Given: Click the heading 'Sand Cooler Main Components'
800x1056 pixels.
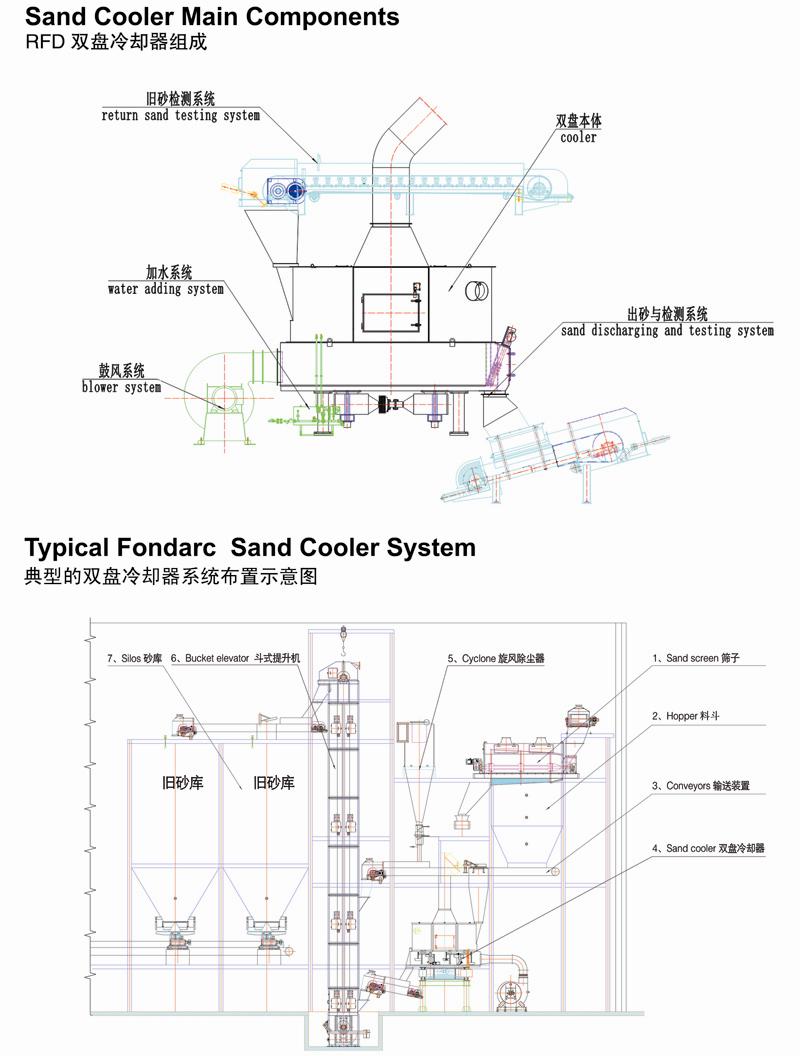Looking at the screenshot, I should pyautogui.click(x=211, y=17).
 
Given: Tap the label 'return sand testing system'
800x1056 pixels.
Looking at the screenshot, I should pyautogui.click(x=180, y=115).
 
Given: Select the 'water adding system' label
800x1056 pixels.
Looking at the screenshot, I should pyautogui.click(x=165, y=289).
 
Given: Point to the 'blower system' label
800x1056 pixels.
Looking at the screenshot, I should pyautogui.click(x=121, y=387).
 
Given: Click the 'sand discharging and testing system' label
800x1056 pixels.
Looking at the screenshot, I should pyautogui.click(x=667, y=330).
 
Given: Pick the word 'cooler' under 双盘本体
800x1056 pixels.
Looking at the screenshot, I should pyautogui.click(x=578, y=137).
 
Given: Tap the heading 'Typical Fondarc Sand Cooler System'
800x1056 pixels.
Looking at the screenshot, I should pyautogui.click(x=250, y=548).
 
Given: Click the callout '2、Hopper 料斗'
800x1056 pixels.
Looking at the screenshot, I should pyautogui.click(x=690, y=716).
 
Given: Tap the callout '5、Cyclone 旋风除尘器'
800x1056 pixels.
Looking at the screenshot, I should pyautogui.click(x=502, y=659).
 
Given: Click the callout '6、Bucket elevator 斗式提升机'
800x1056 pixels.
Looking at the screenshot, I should pyautogui.click(x=235, y=658).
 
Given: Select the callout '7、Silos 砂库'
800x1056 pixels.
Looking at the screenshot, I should pyautogui.click(x=135, y=658).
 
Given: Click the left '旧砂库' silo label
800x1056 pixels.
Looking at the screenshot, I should pyautogui.click(x=183, y=783).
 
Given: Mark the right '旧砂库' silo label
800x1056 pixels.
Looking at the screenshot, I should pyautogui.click(x=274, y=783).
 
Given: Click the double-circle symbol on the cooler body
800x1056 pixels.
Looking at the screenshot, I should pyautogui.click(x=477, y=291).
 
